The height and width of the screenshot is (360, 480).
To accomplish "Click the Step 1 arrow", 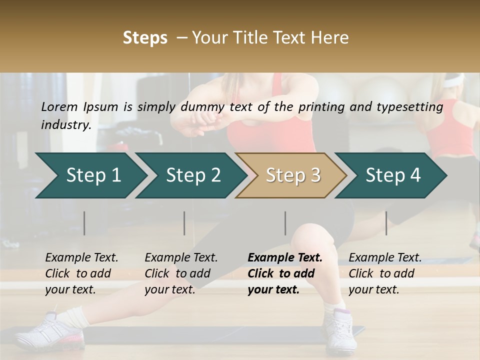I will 90,175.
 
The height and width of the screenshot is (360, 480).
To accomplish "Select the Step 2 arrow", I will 190,175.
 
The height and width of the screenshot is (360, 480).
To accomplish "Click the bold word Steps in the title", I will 145,37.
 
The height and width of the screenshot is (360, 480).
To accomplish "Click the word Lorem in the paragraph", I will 59,106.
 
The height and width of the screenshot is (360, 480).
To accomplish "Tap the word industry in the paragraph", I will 65,124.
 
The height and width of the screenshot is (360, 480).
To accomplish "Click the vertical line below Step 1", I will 84,223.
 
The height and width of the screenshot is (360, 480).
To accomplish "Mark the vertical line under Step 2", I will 184,223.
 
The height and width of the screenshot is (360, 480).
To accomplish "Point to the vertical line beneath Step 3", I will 285,223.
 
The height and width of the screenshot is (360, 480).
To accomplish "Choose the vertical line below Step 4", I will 386,223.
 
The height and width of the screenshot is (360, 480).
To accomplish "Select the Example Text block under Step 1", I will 81,273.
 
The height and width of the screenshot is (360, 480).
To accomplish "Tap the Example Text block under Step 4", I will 385,273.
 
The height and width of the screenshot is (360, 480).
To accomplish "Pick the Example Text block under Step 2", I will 181,273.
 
